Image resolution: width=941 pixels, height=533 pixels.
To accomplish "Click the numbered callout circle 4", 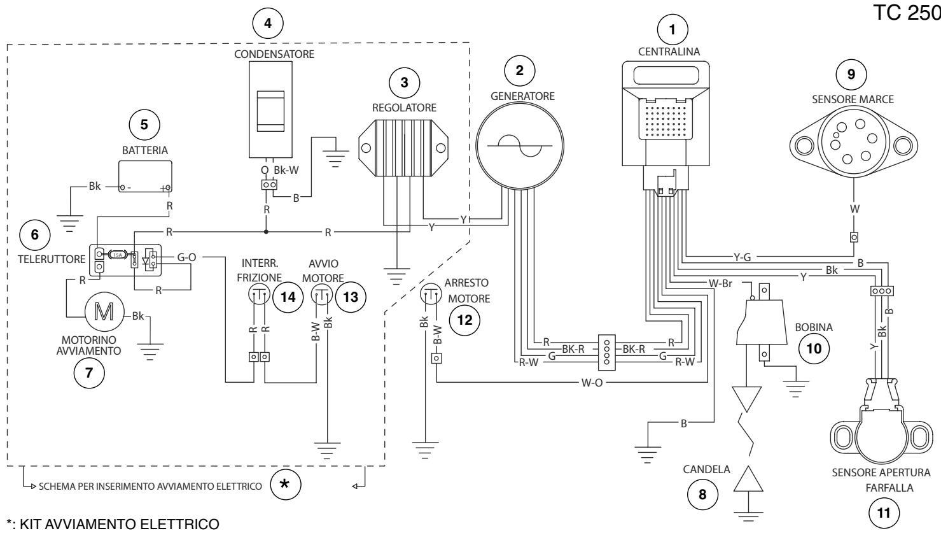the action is point(268,23).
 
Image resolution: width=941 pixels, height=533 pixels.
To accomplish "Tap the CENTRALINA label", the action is point(669,52).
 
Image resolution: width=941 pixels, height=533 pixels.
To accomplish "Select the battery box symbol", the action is point(145,176).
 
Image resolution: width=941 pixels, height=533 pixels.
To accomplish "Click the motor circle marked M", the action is point(104,311).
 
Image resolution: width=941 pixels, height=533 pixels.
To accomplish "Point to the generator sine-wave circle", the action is point(520,146).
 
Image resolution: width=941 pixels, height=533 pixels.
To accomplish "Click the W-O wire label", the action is point(592,383).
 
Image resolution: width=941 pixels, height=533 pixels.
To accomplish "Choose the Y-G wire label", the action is point(742,257).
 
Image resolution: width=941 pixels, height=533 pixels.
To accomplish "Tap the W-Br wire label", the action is point(720,283).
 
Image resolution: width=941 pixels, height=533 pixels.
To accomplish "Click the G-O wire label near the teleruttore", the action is point(186,257).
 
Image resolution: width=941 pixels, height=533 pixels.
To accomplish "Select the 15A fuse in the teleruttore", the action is point(118,254).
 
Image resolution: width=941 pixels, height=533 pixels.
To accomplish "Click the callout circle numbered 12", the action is point(464,320).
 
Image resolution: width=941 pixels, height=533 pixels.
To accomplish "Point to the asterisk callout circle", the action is point(285,484).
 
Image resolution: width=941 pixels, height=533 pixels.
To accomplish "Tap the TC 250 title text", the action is point(907,13).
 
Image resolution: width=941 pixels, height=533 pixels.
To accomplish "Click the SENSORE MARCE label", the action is point(853,99).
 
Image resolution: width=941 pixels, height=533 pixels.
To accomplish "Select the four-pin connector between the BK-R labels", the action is point(606,352).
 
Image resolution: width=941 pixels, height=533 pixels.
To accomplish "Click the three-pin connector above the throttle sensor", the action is point(882,291).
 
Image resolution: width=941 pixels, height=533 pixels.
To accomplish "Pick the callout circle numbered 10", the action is point(814,348).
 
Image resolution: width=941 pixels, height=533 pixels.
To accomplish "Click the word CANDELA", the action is point(707,469).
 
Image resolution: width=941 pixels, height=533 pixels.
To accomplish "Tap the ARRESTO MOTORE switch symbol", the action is point(431,294).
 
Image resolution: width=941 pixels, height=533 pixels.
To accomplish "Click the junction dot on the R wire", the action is point(266,232).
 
